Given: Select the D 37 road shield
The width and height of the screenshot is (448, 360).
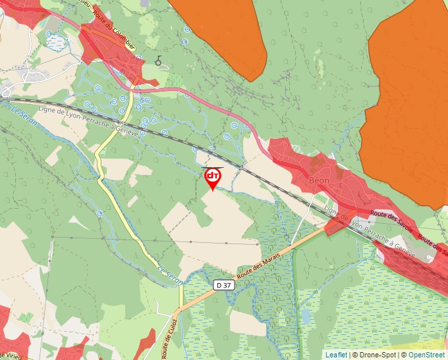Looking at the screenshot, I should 224,285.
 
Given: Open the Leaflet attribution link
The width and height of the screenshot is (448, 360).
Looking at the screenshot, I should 336,355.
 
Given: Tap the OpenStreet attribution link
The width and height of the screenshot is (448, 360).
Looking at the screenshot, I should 426,355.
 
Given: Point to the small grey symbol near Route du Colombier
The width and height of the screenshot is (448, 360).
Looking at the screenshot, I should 158,61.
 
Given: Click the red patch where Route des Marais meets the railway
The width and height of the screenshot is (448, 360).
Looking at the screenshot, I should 334,226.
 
